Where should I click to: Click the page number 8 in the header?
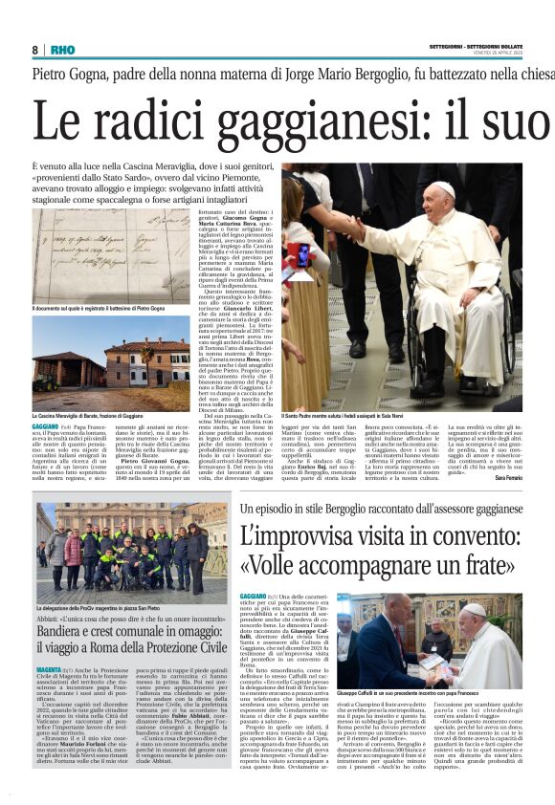(x=34, y=50)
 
